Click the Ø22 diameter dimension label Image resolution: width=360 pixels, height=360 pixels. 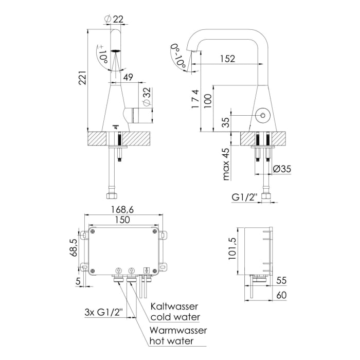pos(114,19)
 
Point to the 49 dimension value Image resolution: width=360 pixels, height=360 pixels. pos(129,78)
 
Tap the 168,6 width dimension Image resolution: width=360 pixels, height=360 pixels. pos(122,210)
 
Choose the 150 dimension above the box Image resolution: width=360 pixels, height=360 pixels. pos(122,219)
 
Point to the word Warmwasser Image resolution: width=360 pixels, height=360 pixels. pos(177,330)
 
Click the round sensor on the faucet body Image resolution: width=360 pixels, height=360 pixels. pos(263,115)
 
